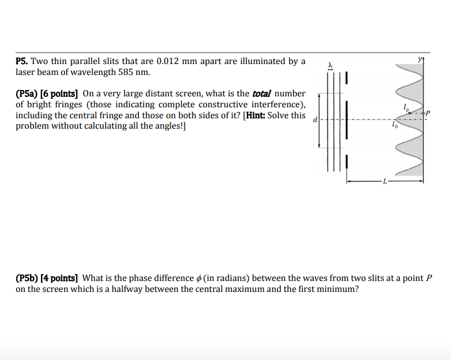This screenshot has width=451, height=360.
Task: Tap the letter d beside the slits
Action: pos(314,121)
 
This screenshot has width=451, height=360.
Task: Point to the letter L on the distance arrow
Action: pos(385,183)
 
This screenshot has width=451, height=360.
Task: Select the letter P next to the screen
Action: pos(429,112)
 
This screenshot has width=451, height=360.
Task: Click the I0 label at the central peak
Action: pos(394,125)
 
